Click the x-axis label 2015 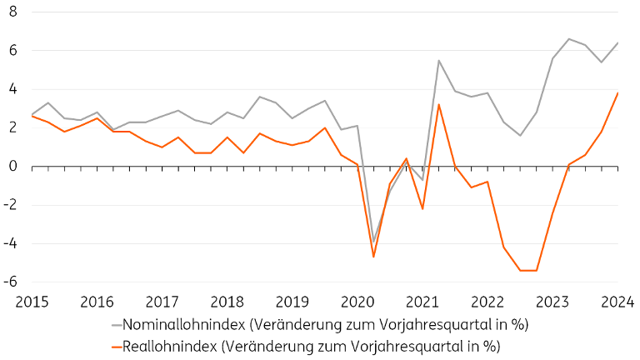point(31,302)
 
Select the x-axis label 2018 point(227,302)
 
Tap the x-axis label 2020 point(357,302)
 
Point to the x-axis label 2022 point(487,302)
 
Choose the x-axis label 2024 point(617,302)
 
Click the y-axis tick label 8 point(13,12)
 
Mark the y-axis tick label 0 point(13,167)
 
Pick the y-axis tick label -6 point(11,282)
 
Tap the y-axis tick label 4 point(13,89)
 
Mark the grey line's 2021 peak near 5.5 point(438,60)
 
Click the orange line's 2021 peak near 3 point(438,104)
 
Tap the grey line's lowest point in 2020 point(373,242)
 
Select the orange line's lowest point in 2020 point(373,257)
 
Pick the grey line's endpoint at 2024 point(617,42)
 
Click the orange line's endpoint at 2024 point(617,92)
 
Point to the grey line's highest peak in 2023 point(569,39)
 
